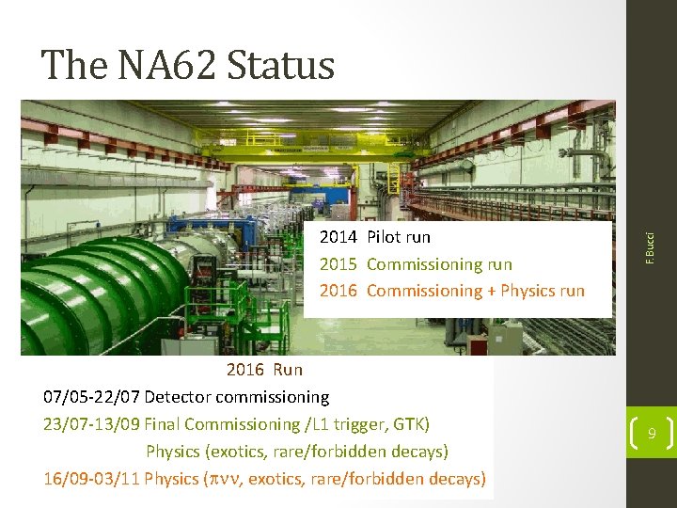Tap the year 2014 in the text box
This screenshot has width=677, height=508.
[338, 237]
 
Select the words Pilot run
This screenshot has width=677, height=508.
[399, 237]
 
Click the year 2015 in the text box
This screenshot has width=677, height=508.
[338, 264]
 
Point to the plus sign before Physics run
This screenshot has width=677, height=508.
[492, 291]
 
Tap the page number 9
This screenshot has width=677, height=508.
[651, 434]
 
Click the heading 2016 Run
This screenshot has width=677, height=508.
[264, 370]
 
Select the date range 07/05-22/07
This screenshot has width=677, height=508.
[91, 397]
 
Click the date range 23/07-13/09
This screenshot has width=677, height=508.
[91, 424]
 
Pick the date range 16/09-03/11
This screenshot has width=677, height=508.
[91, 479]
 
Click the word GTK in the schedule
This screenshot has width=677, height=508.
[410, 424]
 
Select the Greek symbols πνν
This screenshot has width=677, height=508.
[224, 480]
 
